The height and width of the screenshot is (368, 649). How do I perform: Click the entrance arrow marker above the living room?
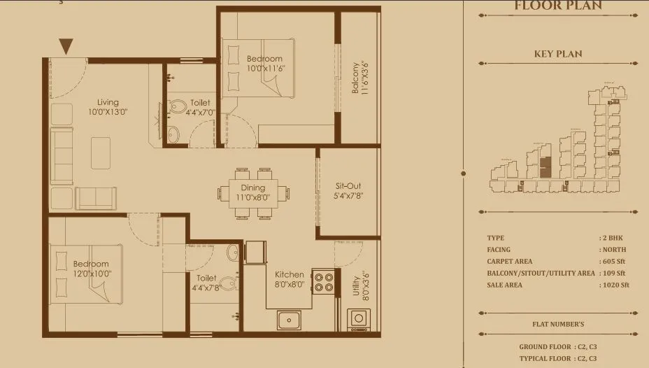click(66, 47)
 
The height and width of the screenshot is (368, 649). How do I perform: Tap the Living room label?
click(108, 102)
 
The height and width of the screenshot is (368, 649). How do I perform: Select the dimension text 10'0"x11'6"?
click(266, 69)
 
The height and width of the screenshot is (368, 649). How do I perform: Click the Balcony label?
click(355, 78)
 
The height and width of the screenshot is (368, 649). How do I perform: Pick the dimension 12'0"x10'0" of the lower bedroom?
click(92, 274)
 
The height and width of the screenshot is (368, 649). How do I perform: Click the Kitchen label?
click(289, 274)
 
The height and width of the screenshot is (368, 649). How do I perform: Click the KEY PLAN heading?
click(558, 54)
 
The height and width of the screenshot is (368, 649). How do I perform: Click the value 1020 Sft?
click(615, 285)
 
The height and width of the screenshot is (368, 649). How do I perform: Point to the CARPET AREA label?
click(510, 261)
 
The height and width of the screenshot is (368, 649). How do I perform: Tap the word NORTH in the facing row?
click(614, 250)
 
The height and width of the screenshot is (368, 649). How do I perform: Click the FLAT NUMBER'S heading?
click(558, 324)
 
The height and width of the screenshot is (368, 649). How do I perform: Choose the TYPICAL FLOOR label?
click(543, 358)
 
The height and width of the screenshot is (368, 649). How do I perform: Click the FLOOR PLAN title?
click(558, 6)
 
